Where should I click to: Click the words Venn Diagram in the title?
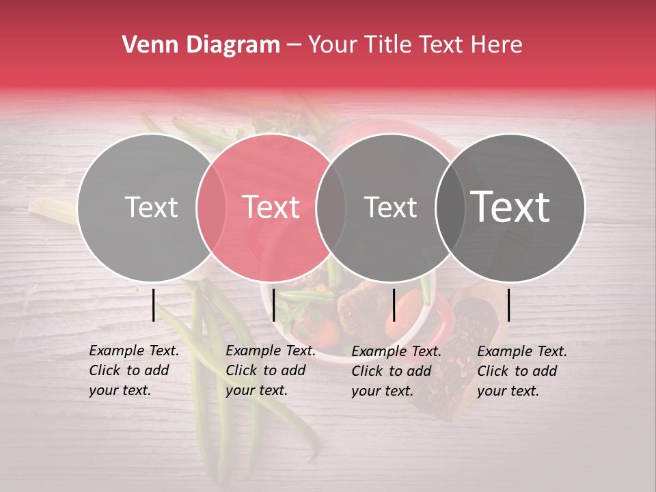click(x=201, y=45)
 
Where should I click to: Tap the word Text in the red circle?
click(x=271, y=207)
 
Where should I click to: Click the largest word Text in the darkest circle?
click(x=510, y=207)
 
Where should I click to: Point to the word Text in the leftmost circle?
click(x=151, y=207)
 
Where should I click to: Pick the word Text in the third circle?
click(x=390, y=207)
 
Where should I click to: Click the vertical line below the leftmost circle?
click(x=153, y=305)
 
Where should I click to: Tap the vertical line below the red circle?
click(x=273, y=305)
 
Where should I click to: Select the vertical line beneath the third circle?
click(x=394, y=305)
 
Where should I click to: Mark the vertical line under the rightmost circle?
click(x=508, y=305)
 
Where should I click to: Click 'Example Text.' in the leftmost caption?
click(x=134, y=351)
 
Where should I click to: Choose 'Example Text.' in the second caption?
click(x=271, y=351)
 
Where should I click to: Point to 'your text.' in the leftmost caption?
click(x=120, y=391)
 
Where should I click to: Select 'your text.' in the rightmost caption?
click(x=508, y=392)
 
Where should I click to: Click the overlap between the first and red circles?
click(x=210, y=207)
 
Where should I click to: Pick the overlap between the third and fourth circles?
click(x=450, y=207)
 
